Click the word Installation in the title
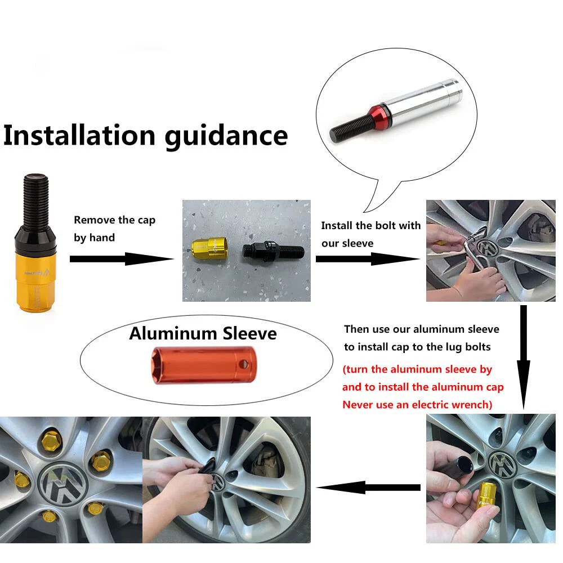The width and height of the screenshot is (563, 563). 79,135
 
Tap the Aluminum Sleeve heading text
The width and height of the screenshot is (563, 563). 203,333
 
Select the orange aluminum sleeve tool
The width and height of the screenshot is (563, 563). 204,365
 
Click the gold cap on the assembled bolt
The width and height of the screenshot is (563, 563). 36,280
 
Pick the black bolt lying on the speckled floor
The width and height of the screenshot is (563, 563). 273,251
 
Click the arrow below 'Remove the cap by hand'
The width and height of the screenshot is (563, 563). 122,259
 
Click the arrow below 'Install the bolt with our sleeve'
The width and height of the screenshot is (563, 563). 368,259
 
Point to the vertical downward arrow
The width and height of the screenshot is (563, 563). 524,358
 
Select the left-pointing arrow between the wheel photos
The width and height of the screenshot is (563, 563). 368,487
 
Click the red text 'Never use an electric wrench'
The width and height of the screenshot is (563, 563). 417,405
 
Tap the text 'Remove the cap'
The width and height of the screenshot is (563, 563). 114,220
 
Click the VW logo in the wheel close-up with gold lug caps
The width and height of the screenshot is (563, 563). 64,483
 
